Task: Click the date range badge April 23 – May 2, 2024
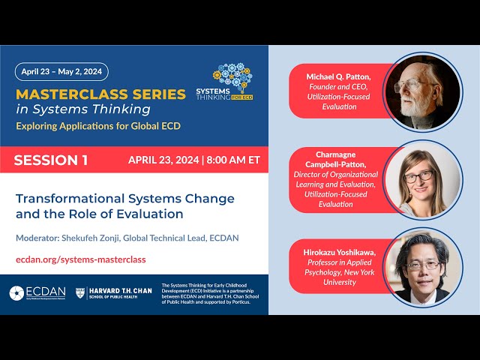coord(61,72)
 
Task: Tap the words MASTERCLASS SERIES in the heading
coord(100,94)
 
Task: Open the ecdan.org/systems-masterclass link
coord(80,259)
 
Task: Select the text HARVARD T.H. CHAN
coord(121,290)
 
